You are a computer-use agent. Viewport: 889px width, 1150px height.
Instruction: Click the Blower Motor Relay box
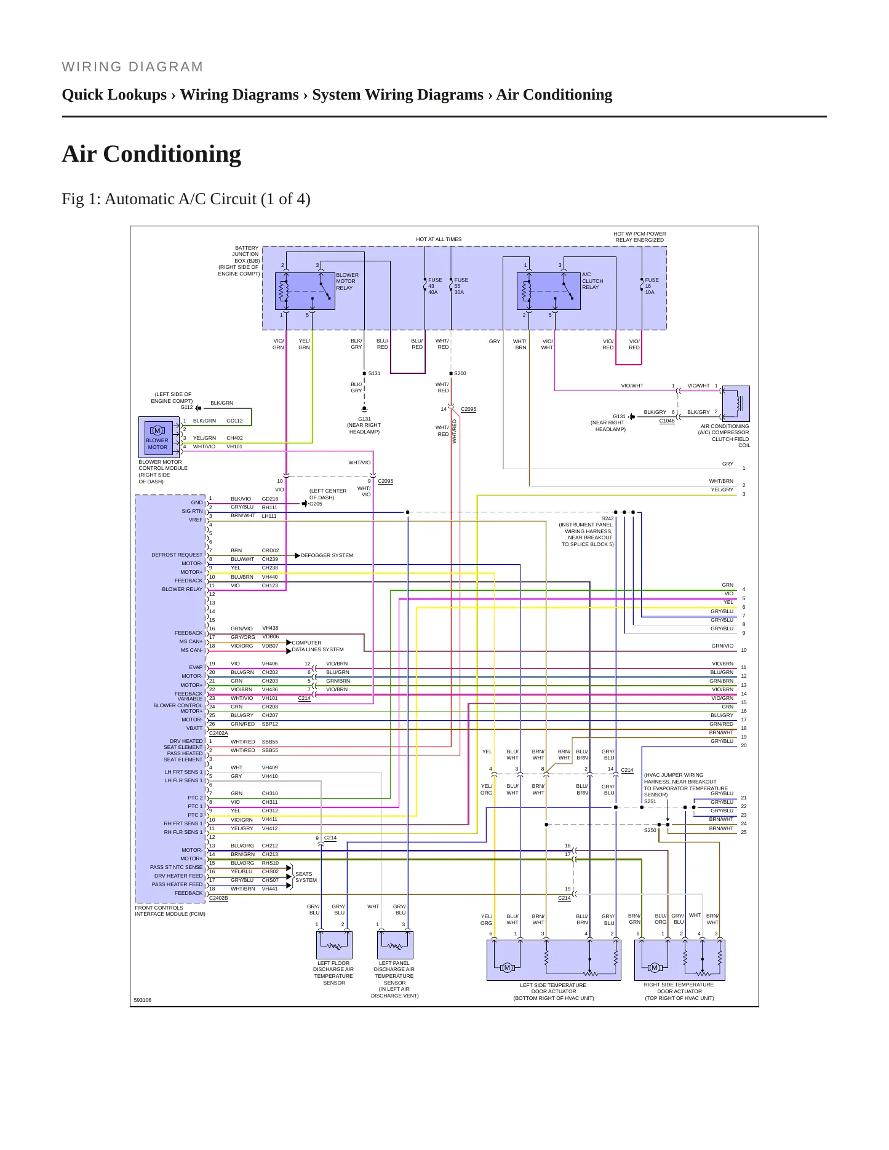click(x=305, y=291)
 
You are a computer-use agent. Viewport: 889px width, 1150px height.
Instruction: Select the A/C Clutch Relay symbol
click(x=549, y=291)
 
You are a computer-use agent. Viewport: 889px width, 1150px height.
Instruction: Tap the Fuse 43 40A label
click(x=434, y=286)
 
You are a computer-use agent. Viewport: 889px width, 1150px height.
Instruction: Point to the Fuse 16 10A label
click(x=652, y=286)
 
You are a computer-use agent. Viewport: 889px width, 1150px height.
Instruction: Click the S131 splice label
click(x=374, y=373)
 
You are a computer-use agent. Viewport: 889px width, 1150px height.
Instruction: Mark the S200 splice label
click(x=460, y=373)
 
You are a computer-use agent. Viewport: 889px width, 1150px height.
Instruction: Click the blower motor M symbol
click(x=157, y=430)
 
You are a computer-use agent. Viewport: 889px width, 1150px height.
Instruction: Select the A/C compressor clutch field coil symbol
click(x=735, y=403)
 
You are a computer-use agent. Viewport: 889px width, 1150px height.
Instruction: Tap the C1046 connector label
click(x=667, y=421)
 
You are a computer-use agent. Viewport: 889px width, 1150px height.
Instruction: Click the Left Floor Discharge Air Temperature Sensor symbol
click(x=334, y=945)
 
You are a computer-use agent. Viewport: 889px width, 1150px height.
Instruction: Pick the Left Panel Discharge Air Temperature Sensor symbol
click(x=395, y=945)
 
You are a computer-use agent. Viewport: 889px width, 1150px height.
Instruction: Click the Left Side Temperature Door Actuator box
click(x=554, y=960)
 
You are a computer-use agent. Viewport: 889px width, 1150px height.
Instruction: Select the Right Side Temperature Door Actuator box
click(x=679, y=960)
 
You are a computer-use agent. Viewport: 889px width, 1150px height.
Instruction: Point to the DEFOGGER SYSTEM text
click(x=327, y=555)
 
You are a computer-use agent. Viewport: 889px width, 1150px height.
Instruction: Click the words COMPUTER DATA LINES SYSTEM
click(x=317, y=646)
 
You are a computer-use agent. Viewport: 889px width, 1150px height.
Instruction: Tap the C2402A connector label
click(x=218, y=733)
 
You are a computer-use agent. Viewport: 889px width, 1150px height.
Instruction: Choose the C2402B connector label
click(x=218, y=898)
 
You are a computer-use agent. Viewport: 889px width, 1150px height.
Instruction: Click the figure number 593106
click(x=142, y=1000)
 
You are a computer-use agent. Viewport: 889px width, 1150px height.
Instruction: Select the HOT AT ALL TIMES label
click(x=439, y=239)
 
